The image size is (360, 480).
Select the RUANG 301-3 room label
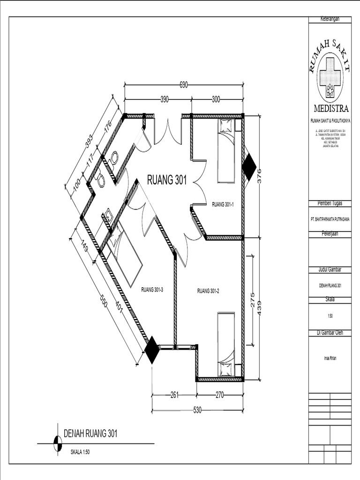point(152,290)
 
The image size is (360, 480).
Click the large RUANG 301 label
point(167,180)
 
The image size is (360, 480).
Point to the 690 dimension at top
point(184,85)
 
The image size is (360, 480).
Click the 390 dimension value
point(165,99)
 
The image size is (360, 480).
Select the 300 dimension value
point(216,99)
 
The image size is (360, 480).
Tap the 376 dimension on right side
point(259,176)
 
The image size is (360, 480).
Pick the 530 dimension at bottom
point(197,410)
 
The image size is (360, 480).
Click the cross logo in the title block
point(330,77)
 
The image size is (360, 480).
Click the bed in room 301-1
point(225,151)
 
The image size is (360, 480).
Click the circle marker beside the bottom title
point(57,443)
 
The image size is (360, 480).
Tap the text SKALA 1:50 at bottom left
point(82,453)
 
